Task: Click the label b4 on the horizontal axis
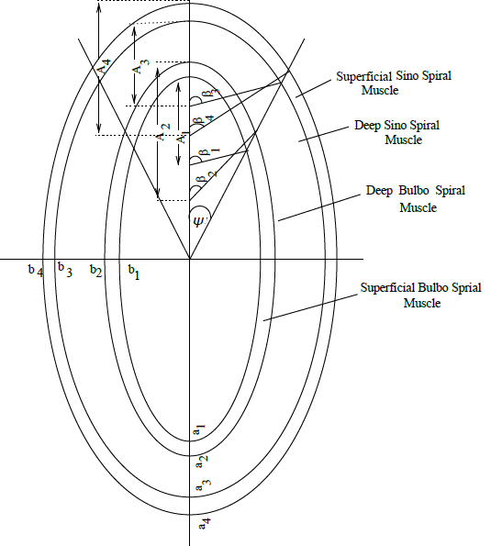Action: [36, 270]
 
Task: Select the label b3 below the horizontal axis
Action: [65, 269]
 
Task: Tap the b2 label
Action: [95, 271]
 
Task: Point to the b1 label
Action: [134, 272]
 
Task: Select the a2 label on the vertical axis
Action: [202, 462]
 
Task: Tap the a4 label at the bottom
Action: [205, 523]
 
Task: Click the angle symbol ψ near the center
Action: [198, 221]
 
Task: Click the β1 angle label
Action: [209, 151]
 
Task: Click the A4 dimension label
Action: [104, 66]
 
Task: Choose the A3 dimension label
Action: [141, 66]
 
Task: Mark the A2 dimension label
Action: [162, 131]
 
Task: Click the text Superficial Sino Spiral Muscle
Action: [394, 83]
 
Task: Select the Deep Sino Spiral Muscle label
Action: [397, 132]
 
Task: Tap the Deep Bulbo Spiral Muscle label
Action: [416, 199]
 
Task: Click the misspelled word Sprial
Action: [466, 287]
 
